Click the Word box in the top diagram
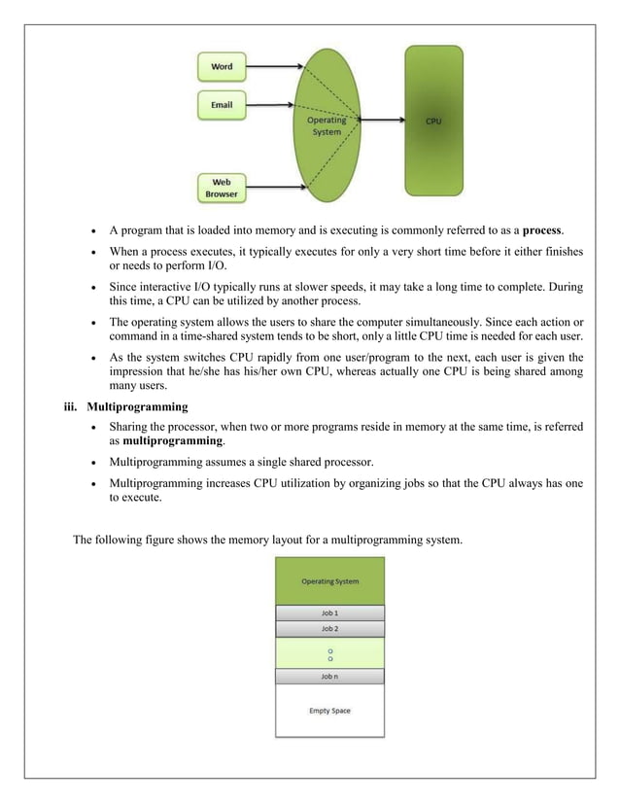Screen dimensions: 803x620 (223, 67)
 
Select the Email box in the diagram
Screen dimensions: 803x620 (222, 104)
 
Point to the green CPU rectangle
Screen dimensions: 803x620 (432, 122)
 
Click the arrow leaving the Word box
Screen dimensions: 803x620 (274, 67)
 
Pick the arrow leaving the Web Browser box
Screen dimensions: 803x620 (274, 187)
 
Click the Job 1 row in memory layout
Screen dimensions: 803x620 (330, 613)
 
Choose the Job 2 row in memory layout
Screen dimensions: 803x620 (330, 629)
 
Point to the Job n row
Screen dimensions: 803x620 (330, 677)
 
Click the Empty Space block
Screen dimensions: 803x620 (330, 711)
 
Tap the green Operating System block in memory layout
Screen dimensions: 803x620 (330, 581)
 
